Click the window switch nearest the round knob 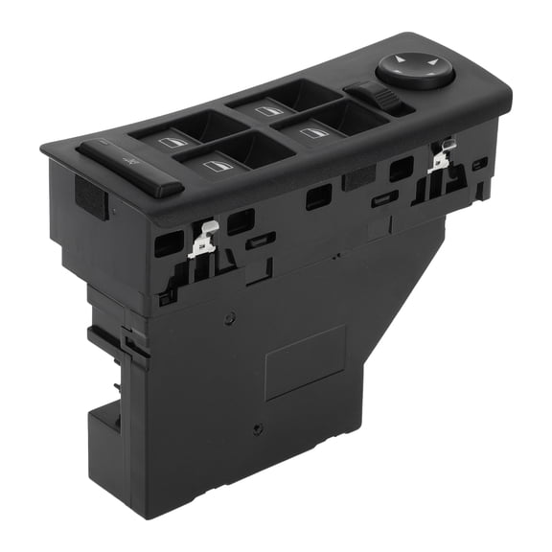315,132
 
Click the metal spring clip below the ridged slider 441,157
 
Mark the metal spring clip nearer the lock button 204,240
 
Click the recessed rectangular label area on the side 306,361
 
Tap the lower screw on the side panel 257,429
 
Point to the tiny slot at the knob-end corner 480,162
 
